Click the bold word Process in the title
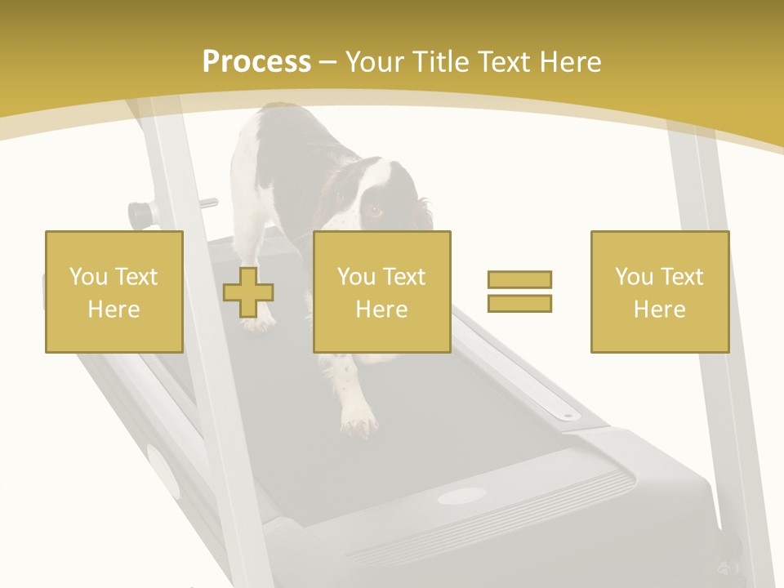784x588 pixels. pyautogui.click(x=256, y=62)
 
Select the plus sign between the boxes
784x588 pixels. pyautogui.click(x=248, y=292)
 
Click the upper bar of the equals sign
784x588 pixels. pyautogui.click(x=519, y=279)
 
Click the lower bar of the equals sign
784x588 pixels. pyautogui.click(x=519, y=303)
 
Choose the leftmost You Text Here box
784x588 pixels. pyautogui.click(x=114, y=292)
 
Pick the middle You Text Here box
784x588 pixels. pyautogui.click(x=382, y=292)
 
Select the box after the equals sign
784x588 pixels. pyautogui.click(x=660, y=292)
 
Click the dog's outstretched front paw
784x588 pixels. pyautogui.click(x=359, y=421)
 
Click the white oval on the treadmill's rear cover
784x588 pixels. pyautogui.click(x=461, y=496)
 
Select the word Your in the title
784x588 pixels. pyautogui.click(x=376, y=62)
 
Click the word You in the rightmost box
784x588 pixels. pyautogui.click(x=634, y=277)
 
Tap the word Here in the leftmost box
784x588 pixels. pyautogui.click(x=114, y=310)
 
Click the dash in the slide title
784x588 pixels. pyautogui.click(x=328, y=63)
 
